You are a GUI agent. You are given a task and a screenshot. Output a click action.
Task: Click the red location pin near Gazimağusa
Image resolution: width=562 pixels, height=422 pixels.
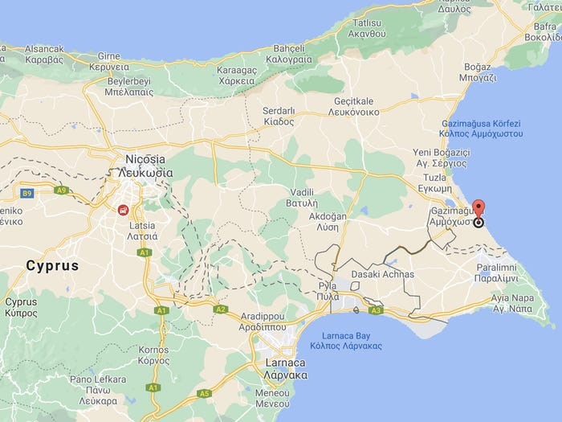pyautogui.click(x=479, y=211)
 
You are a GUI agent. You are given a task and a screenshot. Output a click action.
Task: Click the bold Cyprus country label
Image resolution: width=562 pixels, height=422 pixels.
pyautogui.click(x=52, y=265)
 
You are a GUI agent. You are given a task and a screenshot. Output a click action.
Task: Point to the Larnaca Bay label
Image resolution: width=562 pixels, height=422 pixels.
pyautogui.click(x=347, y=340)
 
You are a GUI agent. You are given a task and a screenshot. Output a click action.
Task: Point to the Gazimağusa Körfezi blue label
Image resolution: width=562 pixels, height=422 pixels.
pyautogui.click(x=483, y=128)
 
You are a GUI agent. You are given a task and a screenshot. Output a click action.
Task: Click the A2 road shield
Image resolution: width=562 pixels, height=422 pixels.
pyautogui.click(x=221, y=309)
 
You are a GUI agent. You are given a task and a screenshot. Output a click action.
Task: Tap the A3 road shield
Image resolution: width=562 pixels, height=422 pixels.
pyautogui.click(x=377, y=310)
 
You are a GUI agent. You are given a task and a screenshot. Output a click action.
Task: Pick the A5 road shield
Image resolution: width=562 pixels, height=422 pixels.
pyautogui.click(x=205, y=393)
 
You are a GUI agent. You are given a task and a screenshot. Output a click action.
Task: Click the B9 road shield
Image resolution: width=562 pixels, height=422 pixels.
pyautogui.click(x=26, y=193)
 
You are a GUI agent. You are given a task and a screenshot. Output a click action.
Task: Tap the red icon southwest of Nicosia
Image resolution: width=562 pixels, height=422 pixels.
pyautogui.click(x=123, y=211)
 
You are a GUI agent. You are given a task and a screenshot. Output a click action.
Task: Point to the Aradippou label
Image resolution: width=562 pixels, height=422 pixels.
pyautogui.click(x=262, y=322)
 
